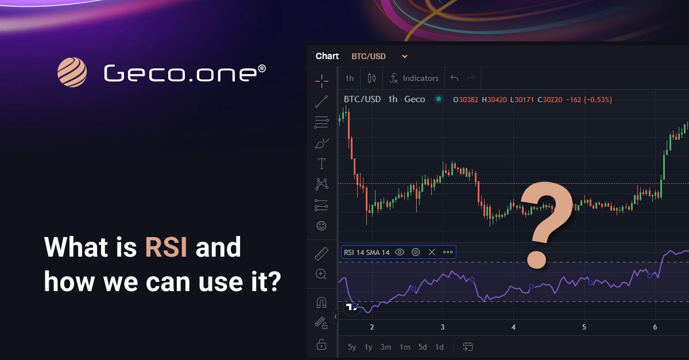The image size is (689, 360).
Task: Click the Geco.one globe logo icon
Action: click(72, 73)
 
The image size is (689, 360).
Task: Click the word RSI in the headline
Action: click(166, 248)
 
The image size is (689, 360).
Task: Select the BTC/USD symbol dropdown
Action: click(379, 56)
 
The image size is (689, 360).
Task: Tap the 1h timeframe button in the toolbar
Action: click(349, 78)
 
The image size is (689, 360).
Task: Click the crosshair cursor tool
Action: click(322, 80)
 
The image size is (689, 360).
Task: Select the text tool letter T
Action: click(322, 164)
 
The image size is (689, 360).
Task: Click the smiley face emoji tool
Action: click(322, 226)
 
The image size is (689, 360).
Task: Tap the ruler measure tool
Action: click(322, 254)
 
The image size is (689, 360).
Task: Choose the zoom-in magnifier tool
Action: click(322, 274)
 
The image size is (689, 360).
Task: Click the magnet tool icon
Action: click(322, 302)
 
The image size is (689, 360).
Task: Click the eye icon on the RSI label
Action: click(400, 252)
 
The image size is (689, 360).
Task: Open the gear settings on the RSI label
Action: click(416, 252)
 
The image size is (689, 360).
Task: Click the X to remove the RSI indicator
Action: click(432, 252)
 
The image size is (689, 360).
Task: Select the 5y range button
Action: click(352, 347)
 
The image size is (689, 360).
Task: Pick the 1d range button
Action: click(439, 347)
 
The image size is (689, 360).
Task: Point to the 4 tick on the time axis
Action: click(513, 327)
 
